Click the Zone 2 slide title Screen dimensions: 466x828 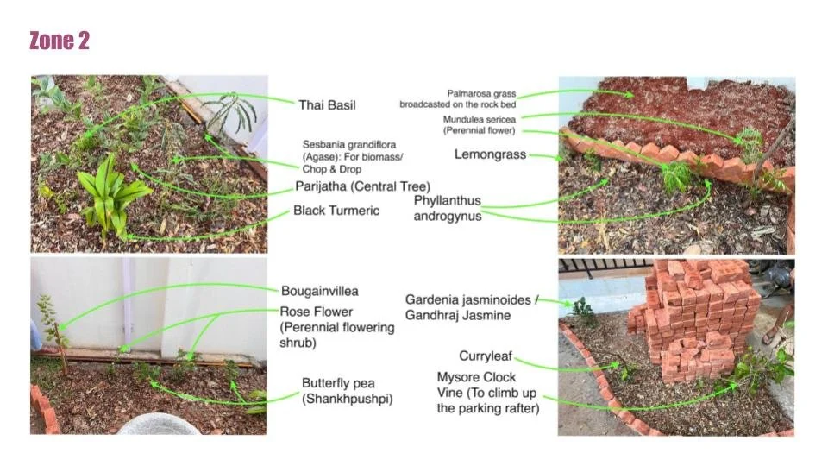60,41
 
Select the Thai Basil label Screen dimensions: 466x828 327,105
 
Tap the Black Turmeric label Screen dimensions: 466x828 336,211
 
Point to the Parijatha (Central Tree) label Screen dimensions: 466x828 361,186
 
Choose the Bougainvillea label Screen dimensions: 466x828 319,291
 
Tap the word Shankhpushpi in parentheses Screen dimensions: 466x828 348,399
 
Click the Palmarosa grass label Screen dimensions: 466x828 480,93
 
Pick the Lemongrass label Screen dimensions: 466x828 490,154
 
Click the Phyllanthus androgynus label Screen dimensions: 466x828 447,208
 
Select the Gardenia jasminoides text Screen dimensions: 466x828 471,299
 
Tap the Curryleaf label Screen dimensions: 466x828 486,356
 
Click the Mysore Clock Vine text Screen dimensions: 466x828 476,377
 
